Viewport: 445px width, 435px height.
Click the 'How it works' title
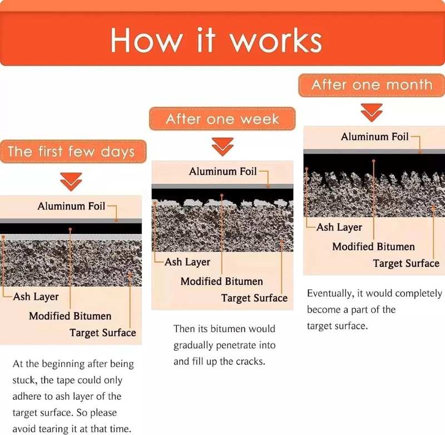click(216, 39)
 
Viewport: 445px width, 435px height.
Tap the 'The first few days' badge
click(73, 151)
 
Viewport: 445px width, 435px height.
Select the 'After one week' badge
click(222, 119)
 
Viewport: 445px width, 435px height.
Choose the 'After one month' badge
click(372, 85)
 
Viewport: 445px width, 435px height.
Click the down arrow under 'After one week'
click(222, 147)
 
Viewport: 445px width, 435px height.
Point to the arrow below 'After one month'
click(372, 113)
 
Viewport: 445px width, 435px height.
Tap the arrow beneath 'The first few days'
click(71, 182)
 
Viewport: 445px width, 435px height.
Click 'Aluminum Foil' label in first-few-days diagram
click(71, 206)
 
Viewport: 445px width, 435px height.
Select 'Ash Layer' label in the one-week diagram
click(187, 262)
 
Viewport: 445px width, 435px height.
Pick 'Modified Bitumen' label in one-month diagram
click(373, 247)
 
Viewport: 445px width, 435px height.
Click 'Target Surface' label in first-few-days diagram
click(103, 333)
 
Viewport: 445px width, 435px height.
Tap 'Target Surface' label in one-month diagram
click(406, 263)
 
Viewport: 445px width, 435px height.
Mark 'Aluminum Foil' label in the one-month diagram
click(374, 137)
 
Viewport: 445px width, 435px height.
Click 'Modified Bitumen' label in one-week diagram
click(221, 282)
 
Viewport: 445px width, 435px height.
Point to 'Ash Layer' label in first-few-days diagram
click(36, 297)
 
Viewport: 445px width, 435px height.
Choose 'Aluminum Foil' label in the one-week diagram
click(223, 172)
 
